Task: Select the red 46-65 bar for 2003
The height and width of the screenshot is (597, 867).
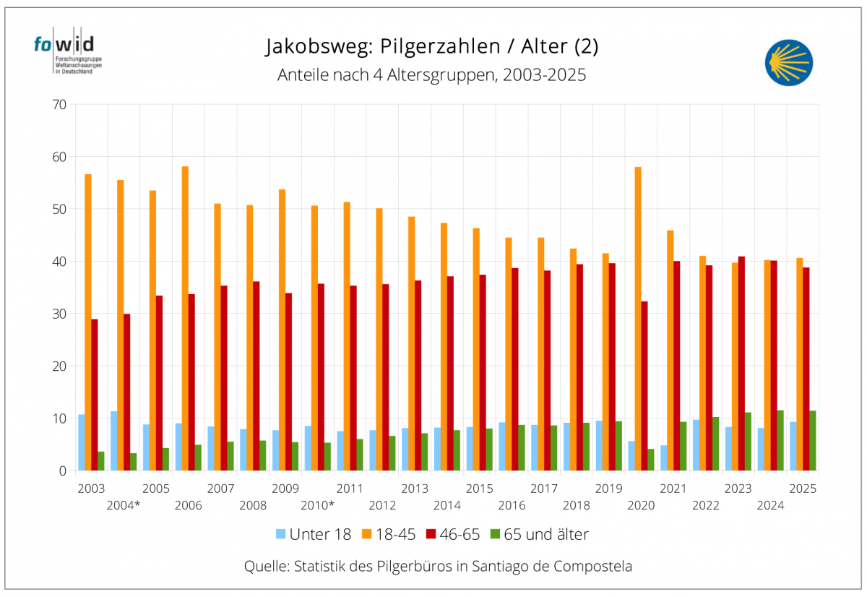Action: coord(95,395)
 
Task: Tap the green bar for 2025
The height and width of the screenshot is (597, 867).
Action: coord(813,441)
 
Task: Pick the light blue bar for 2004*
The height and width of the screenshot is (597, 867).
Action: coord(114,441)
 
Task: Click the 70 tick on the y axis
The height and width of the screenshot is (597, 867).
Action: coord(59,105)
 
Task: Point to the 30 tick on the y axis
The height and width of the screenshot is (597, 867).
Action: coord(59,314)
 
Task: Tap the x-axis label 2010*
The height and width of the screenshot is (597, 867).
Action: coord(317,505)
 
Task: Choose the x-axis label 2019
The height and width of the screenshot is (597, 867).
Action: coord(608,489)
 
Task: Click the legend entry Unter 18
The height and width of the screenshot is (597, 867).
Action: coord(314,535)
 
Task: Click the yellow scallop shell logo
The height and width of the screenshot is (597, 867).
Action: coord(788,63)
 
